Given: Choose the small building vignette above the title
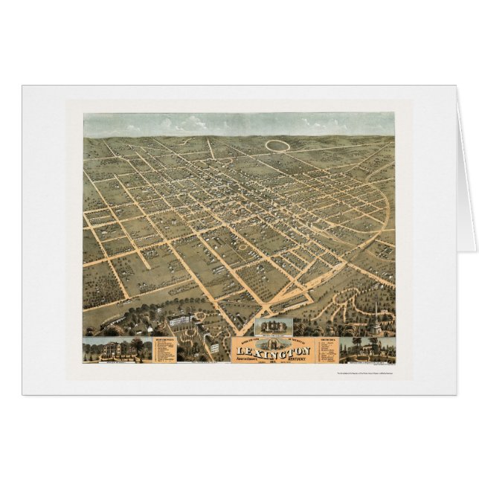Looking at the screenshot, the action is tap(273, 327).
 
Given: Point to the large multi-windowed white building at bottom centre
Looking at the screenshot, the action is tap(181, 321).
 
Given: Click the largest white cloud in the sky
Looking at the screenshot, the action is tap(195, 121).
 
